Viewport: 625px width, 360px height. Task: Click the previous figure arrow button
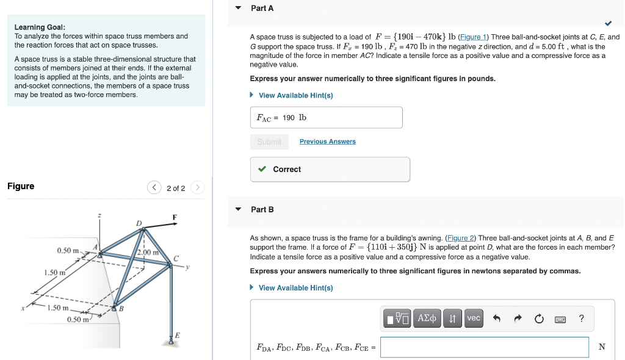pos(154,188)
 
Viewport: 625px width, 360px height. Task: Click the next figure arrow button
pos(197,188)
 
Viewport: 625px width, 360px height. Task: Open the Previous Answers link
pos(327,142)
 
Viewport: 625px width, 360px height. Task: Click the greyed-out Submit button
pos(269,142)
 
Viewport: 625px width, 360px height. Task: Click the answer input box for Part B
pos(484,347)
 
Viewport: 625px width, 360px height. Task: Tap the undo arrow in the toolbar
pos(497,318)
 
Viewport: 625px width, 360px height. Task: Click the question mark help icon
pos(581,318)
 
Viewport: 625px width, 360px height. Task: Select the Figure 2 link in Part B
pos(461,238)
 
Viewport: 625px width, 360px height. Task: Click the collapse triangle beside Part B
pos(238,209)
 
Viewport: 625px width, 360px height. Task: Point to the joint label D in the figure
pos(139,223)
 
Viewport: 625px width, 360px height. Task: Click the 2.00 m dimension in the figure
pos(148,252)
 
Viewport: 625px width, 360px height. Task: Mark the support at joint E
pos(172,341)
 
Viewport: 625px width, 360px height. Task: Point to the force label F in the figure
pos(175,218)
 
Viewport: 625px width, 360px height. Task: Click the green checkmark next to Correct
pos(262,169)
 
